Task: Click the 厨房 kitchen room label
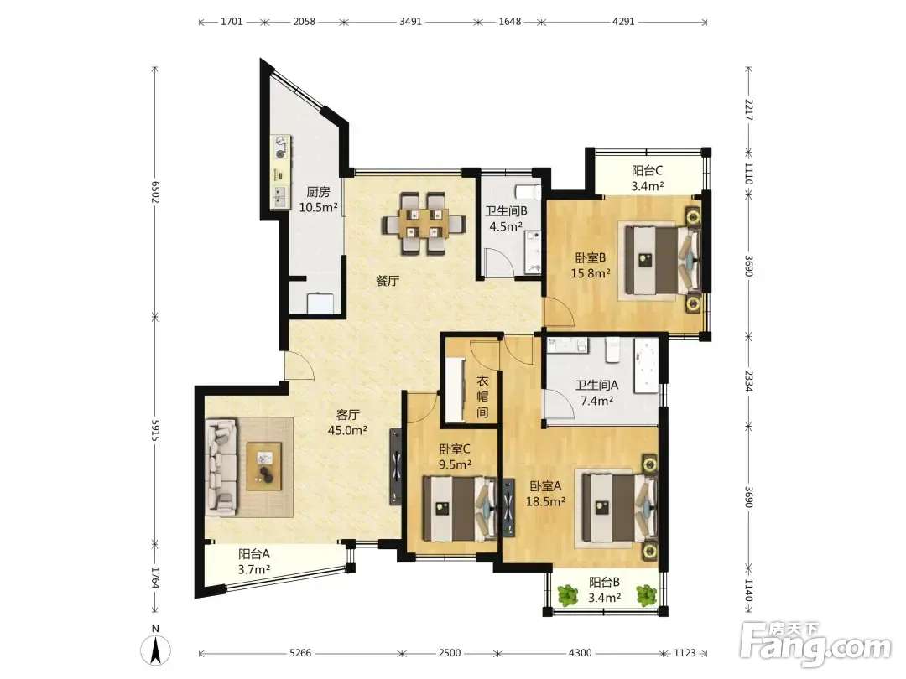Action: [318, 200]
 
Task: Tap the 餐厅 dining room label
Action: [388, 281]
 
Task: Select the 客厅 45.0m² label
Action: [348, 422]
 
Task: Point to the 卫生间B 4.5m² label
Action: [506, 219]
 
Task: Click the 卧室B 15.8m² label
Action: [591, 266]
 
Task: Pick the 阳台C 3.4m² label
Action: [647, 178]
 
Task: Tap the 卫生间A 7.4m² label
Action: [597, 392]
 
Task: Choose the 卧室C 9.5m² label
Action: [455, 456]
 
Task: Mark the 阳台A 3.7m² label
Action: [254, 562]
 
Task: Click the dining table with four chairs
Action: [424, 224]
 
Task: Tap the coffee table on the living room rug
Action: [264, 467]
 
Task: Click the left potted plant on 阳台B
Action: [568, 595]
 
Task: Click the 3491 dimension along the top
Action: [410, 22]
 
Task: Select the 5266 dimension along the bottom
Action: [300, 653]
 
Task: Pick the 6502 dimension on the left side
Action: [155, 192]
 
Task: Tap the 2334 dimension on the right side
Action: [748, 381]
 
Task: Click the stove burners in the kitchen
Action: [281, 148]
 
